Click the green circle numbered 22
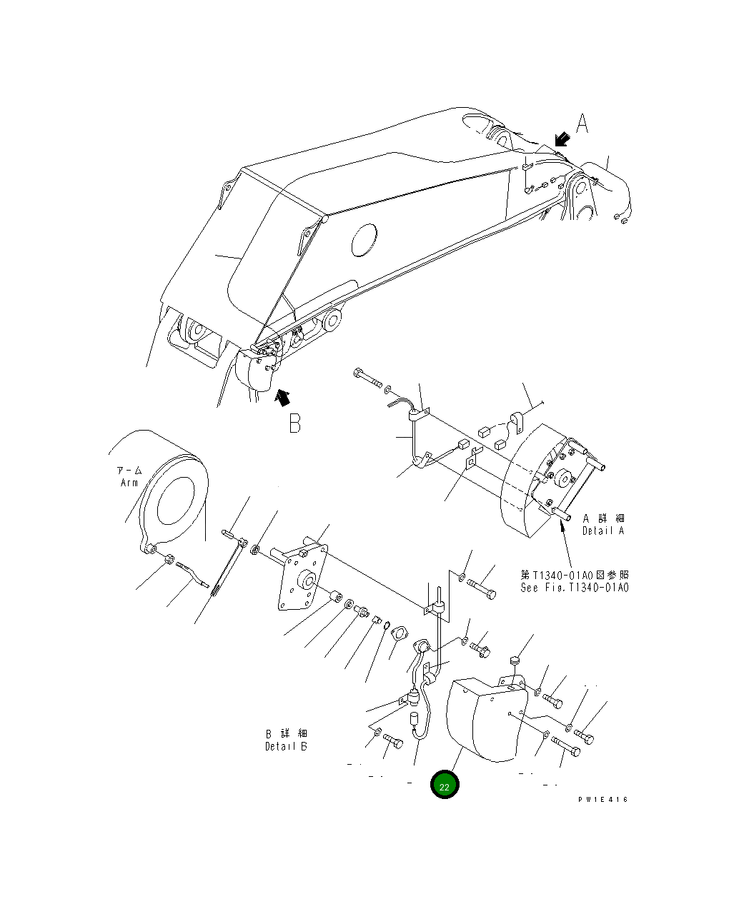[x=444, y=785]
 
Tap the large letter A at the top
[x=582, y=124]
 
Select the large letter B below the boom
[x=294, y=423]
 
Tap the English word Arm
[x=129, y=483]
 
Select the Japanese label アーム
[x=129, y=471]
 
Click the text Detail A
[x=602, y=531]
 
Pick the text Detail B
[x=286, y=746]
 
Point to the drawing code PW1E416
[x=603, y=800]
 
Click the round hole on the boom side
[x=364, y=240]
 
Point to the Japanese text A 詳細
[x=603, y=518]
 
